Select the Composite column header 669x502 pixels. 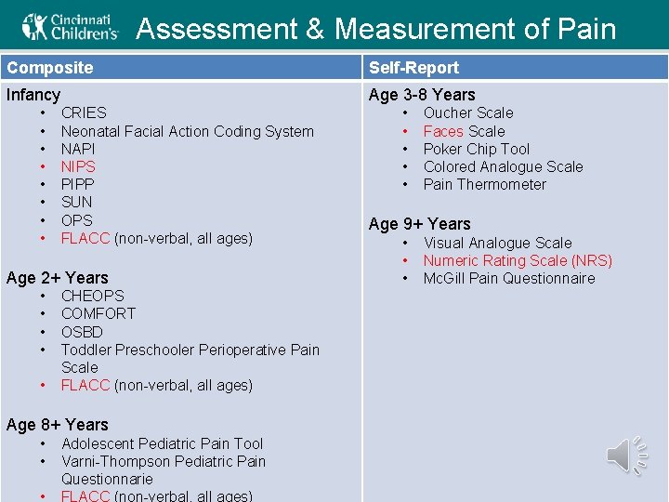pyautogui.click(x=50, y=68)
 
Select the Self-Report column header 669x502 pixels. pyautogui.click(x=413, y=68)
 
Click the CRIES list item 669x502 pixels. pyautogui.click(x=84, y=112)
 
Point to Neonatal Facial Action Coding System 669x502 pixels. pyautogui.click(x=187, y=131)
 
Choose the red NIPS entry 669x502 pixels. pyautogui.click(x=78, y=166)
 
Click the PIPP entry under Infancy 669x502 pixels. pyautogui.click(x=77, y=184)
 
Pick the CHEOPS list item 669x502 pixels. pyautogui.click(x=92, y=296)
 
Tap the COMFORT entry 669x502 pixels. pyautogui.click(x=98, y=313)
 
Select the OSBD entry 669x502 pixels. pyautogui.click(x=82, y=332)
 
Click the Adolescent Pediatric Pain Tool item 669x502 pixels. pyautogui.click(x=162, y=443)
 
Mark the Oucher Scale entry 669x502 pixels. pyautogui.click(x=467, y=112)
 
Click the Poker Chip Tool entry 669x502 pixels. pyautogui.click(x=476, y=149)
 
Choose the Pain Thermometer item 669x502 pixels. pyautogui.click(x=484, y=184)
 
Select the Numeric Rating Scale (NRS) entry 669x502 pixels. pyautogui.click(x=518, y=260)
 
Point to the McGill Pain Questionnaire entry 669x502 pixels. pyautogui.click(x=508, y=278)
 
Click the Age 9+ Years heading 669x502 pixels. pyautogui.click(x=419, y=224)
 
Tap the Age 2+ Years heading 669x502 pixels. pyautogui.click(x=57, y=278)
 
